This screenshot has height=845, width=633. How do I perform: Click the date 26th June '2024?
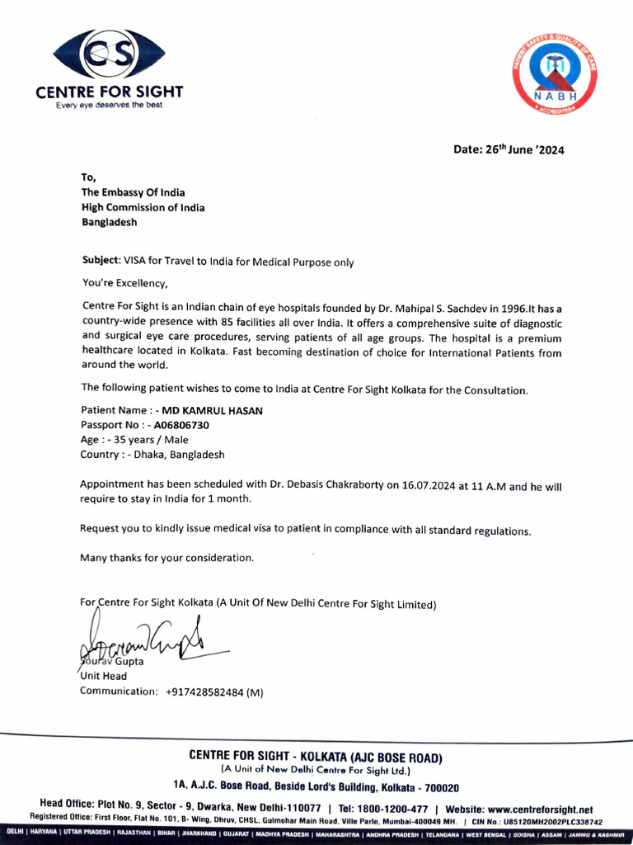(509, 150)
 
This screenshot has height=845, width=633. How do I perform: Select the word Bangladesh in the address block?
(109, 223)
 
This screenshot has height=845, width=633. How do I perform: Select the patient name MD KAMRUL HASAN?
(211, 410)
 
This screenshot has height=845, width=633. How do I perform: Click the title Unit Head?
(103, 676)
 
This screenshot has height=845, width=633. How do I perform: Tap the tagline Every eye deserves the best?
(109, 105)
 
